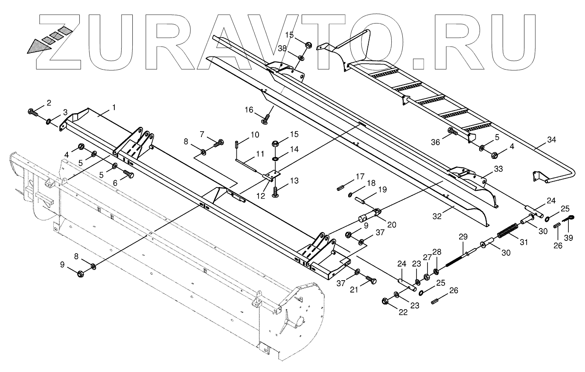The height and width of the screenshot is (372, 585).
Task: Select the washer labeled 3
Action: pyautogui.click(x=50, y=122)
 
